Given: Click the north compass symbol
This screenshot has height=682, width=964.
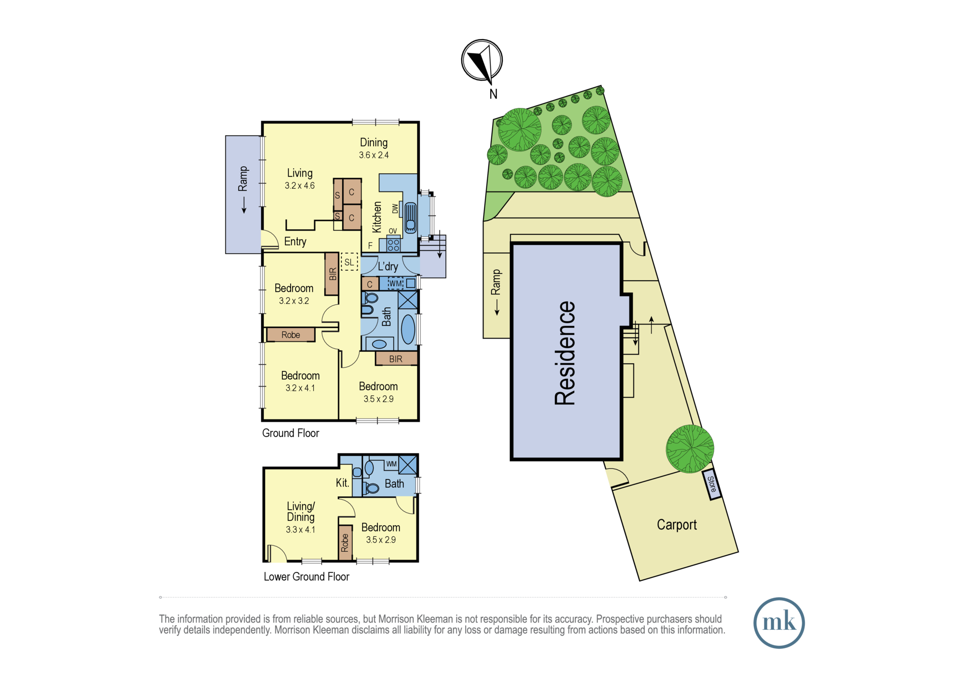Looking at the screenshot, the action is pos(482,61).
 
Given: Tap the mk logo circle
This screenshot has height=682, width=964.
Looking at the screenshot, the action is pos(779,623).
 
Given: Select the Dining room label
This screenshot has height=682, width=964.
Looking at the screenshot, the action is pos(374,143).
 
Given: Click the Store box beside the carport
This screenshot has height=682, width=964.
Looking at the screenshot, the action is pos(712,484).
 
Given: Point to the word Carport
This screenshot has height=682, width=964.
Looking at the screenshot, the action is pos(677,525).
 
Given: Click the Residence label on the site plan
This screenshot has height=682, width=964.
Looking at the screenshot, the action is pos(565,353).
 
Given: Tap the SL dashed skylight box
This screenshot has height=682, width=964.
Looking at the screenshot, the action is pos(349,262).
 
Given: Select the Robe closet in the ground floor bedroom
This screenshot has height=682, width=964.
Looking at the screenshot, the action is pos(291,335).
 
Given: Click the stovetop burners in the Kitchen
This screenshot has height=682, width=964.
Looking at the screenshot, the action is pos(393,245).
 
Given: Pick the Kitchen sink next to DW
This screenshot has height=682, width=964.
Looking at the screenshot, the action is pos(410,218).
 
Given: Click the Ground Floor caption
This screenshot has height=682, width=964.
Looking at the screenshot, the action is pos(291,433).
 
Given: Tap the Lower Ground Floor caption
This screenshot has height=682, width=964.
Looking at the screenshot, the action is pos(307,577).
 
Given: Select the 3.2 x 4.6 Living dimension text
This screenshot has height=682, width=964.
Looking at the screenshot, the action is pos(300,186).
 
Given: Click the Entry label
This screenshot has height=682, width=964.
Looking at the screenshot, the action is pos(295,242).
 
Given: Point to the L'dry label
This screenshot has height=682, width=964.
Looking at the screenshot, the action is pos(388,266).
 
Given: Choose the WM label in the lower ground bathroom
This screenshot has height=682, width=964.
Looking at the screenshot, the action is pos(391,464).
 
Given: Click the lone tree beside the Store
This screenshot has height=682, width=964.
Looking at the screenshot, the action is pos(690,449).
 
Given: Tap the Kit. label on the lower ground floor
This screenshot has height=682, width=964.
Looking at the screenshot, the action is pos(342,483).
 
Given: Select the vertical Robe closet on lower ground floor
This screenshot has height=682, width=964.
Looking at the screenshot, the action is pos(345,543).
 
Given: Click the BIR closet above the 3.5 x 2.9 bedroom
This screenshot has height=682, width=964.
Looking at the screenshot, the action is pos(396,359).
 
